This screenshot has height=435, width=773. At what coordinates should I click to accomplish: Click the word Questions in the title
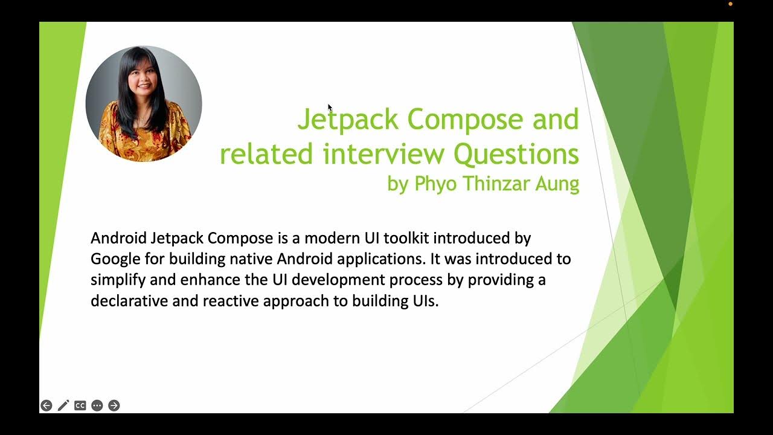pos(516,154)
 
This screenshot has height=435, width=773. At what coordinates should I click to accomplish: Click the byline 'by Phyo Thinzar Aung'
pos(483,184)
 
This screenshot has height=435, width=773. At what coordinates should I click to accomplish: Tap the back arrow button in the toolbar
pos(46,405)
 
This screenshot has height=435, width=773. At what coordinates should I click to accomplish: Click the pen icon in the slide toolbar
pos(63,405)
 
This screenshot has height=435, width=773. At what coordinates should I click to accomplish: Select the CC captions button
pos(80,405)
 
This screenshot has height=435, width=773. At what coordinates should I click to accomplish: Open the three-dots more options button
pos(97,405)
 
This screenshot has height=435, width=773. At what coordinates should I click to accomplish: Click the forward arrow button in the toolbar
pos(114,405)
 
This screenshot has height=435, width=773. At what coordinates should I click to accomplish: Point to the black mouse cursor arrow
pos(330,108)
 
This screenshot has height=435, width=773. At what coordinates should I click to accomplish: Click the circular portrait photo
pos(144,103)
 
